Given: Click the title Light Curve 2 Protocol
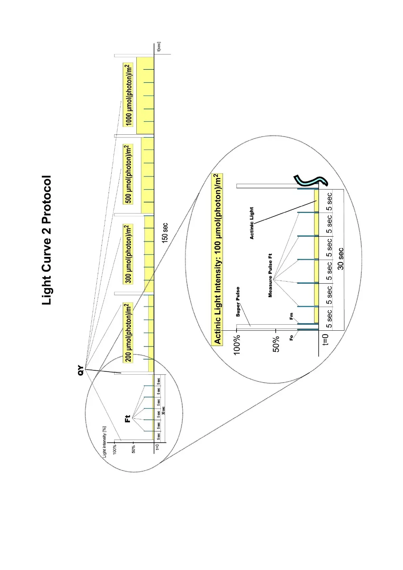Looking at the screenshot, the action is tap(47, 240).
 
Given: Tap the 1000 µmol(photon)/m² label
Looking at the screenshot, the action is tap(129, 95).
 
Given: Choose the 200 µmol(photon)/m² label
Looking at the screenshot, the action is tap(128, 332).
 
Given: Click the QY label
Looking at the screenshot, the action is tap(81, 370).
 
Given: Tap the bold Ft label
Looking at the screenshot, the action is tap(128, 419).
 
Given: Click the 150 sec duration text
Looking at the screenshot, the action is tap(165, 233).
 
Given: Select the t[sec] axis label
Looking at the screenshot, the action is tap(159, 47).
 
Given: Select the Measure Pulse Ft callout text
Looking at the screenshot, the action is tap(270, 275).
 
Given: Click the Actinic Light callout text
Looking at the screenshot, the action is tap(251, 223).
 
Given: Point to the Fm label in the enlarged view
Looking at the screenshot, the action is tap(291, 316).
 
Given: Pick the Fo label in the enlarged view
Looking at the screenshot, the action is tap(291, 338).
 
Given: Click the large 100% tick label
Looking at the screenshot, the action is tap(237, 344).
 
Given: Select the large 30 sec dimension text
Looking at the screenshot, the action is tap(340, 259).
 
